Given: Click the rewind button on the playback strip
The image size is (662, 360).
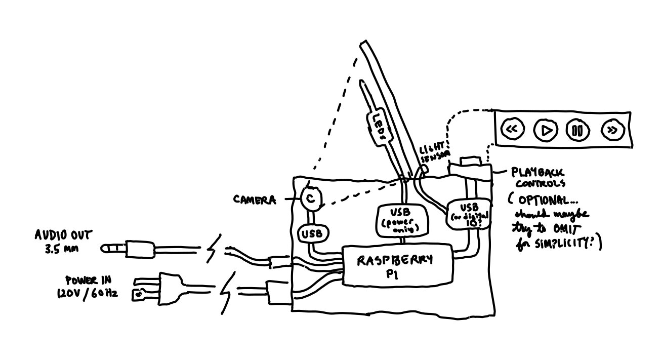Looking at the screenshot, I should pos(512,130).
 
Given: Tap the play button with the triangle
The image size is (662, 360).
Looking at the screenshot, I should pos(545,130).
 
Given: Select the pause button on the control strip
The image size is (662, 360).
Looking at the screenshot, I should pos(577,131).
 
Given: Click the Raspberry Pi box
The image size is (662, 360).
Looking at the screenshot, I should pos(396,265).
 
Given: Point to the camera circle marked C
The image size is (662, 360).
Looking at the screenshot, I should pos(311,199).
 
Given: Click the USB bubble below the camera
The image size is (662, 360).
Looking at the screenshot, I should pos(314,233).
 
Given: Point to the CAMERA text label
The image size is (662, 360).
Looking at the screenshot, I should pos(255,199).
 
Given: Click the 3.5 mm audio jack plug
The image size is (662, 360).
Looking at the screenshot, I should pos(127,249).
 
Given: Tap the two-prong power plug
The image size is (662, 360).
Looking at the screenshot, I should pos(159,288).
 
